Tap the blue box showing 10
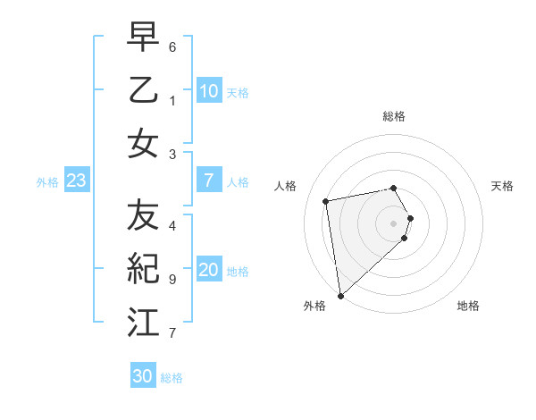click(208, 91)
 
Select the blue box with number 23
click(77, 181)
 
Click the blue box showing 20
click(208, 271)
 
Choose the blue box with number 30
click(143, 376)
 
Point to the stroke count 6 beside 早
click(172, 46)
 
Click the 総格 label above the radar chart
click(394, 116)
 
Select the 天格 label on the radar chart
click(502, 186)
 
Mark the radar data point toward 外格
click(340, 295)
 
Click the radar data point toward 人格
click(326, 201)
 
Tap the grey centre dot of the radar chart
click(394, 223)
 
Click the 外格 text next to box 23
click(47, 182)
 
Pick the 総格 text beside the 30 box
click(172, 378)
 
